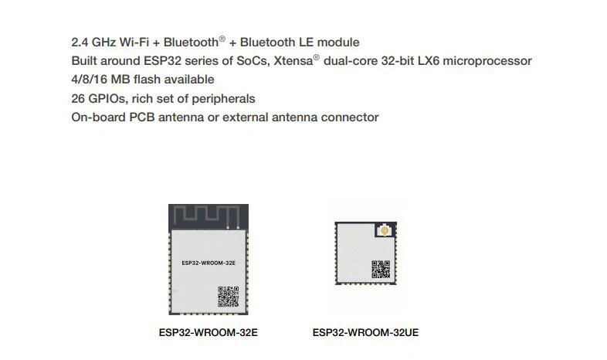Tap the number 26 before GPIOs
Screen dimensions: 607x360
pyautogui.click(x=79, y=99)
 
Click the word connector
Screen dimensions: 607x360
pyautogui.click(x=351, y=117)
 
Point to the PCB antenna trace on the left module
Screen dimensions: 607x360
pyautogui.click(x=207, y=216)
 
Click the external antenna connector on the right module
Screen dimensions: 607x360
pyautogui.click(x=383, y=230)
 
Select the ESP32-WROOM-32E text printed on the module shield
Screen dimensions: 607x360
pyautogui.click(x=208, y=263)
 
